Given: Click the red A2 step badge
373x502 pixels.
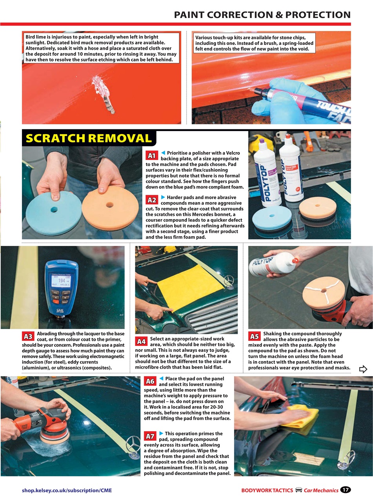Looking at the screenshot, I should pyautogui.click(x=152, y=200).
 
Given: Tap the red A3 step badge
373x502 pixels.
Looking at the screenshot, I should pyautogui.click(x=28, y=336).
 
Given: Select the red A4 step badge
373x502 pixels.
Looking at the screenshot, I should pyautogui.click(x=141, y=341).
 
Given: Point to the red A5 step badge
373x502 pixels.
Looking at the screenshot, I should pyautogui.click(x=255, y=336).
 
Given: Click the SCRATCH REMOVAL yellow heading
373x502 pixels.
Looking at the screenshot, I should pyautogui.click(x=89, y=138).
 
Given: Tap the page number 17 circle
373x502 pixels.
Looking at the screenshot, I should pyautogui.click(x=345, y=490).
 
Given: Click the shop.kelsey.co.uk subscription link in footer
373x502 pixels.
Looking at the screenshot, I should pyautogui.click(x=67, y=490).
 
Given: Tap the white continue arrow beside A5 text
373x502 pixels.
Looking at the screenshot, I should pyautogui.click(x=363, y=369).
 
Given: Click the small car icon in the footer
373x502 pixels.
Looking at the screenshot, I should pyautogui.click(x=298, y=490).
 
